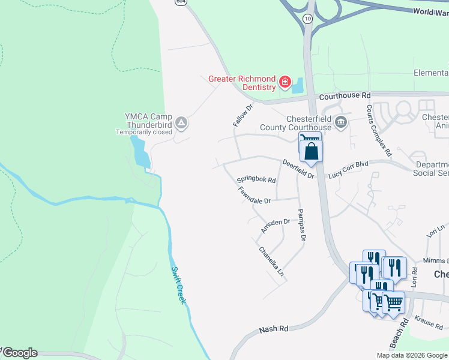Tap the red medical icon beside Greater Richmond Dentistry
[x=285, y=82]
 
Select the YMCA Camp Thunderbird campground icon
[x=181, y=124]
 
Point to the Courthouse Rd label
[x=345, y=95]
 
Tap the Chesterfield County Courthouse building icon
[x=341, y=122]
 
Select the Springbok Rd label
[x=256, y=179]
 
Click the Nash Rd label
[x=274, y=329]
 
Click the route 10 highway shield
[x=307, y=19]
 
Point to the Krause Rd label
[x=428, y=323]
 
